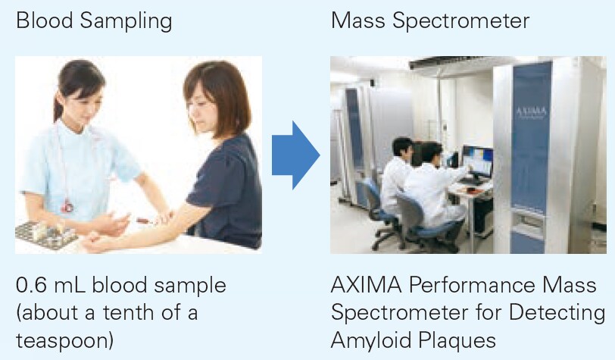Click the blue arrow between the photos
[295, 155]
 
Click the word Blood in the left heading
[45, 20]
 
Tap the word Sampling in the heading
[126, 22]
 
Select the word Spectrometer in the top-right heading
[460, 22]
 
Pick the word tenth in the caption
[126, 313]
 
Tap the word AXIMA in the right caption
[367, 286]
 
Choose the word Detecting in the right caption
[557, 313]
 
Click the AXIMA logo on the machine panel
[531, 113]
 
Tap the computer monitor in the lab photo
[478, 161]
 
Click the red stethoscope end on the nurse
[67, 205]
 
